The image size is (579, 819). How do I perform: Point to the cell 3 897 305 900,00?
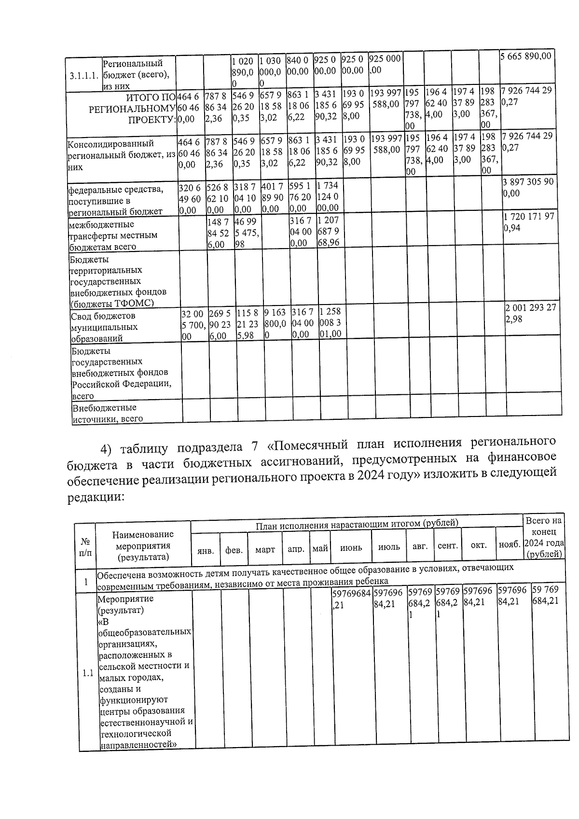[x=528, y=188]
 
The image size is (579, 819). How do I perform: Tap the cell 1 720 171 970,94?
[x=528, y=222]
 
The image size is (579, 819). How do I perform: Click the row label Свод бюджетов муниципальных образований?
[x=104, y=327]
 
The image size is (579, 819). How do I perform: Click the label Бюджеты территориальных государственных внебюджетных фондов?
[x=118, y=281]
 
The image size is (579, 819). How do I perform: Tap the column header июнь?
[x=351, y=548]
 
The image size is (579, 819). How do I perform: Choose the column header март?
[x=265, y=549]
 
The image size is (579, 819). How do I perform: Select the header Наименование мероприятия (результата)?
[x=143, y=545]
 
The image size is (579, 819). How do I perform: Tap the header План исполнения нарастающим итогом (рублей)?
[x=357, y=524]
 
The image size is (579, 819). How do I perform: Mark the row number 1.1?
[x=87, y=673]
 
